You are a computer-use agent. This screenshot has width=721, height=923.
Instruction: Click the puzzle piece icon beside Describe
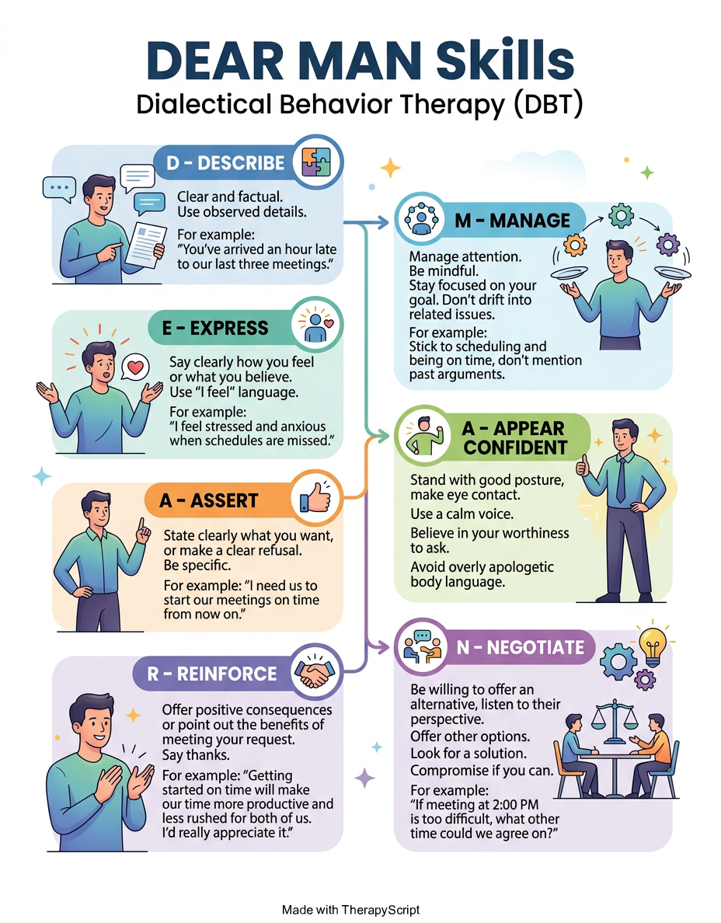[x=316, y=162]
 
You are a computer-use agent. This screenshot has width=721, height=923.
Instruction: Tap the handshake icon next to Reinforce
[x=315, y=673]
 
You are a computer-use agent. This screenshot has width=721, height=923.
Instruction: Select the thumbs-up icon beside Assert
[x=315, y=498]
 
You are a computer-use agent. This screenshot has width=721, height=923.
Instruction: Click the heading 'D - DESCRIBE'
[x=225, y=163]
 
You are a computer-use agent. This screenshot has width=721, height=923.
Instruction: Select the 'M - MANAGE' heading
[x=512, y=220]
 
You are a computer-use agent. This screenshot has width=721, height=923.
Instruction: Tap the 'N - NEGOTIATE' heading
[x=521, y=647]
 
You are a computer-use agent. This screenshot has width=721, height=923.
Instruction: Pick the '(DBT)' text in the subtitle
[x=548, y=104]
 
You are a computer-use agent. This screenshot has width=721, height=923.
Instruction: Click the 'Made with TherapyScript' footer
[x=351, y=910]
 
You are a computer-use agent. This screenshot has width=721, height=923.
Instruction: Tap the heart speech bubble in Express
[x=135, y=367]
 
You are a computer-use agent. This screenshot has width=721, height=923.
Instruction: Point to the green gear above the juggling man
[x=621, y=215]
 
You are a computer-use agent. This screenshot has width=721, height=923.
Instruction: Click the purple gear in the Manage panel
[x=667, y=244]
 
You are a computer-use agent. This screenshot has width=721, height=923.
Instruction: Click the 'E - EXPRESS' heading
[x=215, y=328]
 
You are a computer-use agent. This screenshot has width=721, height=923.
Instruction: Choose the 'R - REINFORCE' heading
[x=212, y=674]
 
